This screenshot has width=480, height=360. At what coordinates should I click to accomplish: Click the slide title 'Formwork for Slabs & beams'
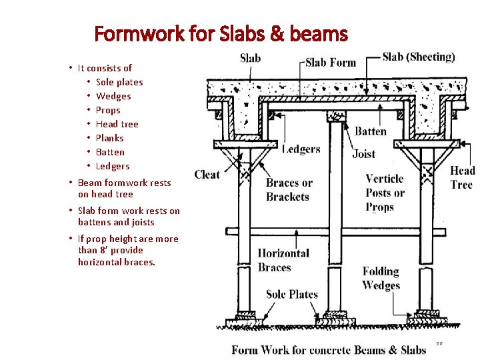coord(221,33)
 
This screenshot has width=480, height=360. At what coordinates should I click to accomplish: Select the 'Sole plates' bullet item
coord(119,82)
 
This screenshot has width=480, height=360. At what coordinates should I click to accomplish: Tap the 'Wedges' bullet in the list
coord(113,96)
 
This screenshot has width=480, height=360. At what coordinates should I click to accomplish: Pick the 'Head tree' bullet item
coord(117,124)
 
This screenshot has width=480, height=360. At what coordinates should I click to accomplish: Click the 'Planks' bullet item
coord(110,138)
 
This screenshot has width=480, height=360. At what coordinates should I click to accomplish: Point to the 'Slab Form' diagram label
coord(331,63)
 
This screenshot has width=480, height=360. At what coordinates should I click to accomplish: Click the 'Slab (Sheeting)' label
coord(419,57)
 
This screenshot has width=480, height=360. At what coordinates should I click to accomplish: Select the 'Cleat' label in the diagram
coord(207,175)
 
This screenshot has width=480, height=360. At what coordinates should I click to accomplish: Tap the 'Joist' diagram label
coord(364,154)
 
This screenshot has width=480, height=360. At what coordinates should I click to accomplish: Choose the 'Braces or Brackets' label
coord(289,190)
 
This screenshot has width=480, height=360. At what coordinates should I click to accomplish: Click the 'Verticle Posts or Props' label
coord(385,193)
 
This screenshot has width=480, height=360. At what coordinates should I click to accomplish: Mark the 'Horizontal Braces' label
coord(283,260)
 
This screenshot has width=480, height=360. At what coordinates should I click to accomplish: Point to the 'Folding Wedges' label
coord(381,278)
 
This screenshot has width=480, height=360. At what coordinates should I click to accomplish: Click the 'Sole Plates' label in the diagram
coord(292,295)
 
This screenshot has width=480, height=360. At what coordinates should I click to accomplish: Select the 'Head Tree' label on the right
coord(462,178)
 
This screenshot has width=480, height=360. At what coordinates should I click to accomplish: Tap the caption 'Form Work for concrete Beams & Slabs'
coord(329,350)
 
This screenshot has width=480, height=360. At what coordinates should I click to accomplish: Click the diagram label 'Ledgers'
coord(301,149)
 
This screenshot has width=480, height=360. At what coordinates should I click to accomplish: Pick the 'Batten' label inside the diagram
coord(370,131)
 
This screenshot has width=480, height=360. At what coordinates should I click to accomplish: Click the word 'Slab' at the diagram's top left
coord(251,58)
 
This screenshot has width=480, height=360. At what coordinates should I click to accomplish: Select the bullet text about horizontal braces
coord(128,250)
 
